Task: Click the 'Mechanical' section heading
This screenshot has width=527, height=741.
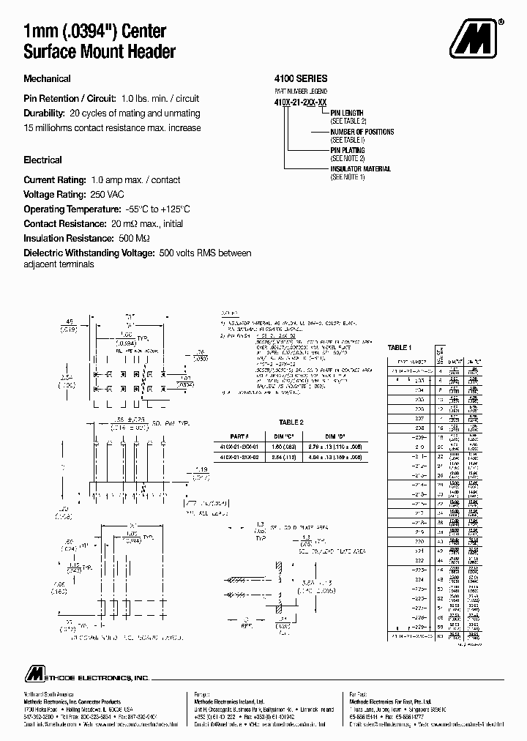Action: click(47, 79)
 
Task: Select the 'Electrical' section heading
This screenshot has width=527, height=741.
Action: click(42, 160)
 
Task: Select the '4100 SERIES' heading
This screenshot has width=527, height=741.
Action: click(300, 78)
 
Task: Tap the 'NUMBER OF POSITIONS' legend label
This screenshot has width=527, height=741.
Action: click(362, 132)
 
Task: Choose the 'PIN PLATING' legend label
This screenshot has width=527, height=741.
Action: click(351, 150)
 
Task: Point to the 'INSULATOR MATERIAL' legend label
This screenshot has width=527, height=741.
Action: click(360, 169)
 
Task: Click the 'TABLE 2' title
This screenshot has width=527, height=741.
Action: click(291, 422)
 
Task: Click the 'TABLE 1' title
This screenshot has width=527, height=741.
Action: click(400, 347)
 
